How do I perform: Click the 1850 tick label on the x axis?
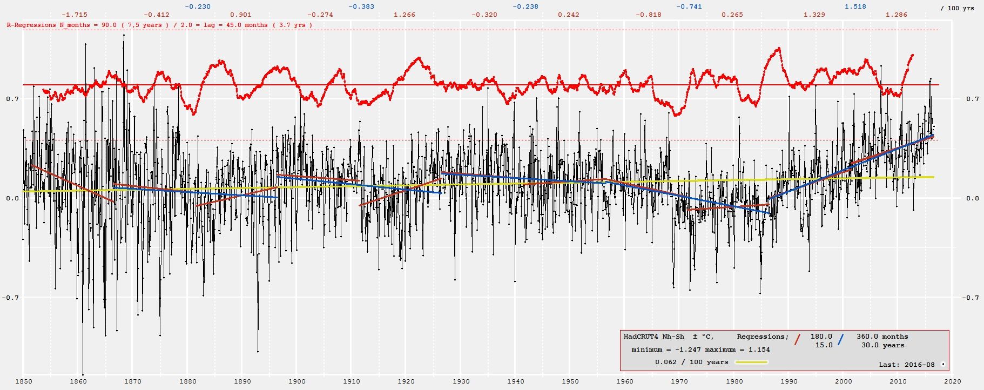click(x=23, y=381)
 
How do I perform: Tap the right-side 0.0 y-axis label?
click(x=972, y=198)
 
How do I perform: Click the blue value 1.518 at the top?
click(x=855, y=6)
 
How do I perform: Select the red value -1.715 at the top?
click(x=75, y=15)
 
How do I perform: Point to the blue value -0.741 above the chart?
click(x=689, y=6)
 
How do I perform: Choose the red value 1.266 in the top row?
click(x=405, y=15)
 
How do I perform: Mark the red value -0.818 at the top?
click(x=649, y=15)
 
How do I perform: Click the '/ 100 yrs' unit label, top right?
click(x=957, y=9)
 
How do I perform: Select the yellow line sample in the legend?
click(x=751, y=362)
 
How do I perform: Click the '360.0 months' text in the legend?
click(x=882, y=337)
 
